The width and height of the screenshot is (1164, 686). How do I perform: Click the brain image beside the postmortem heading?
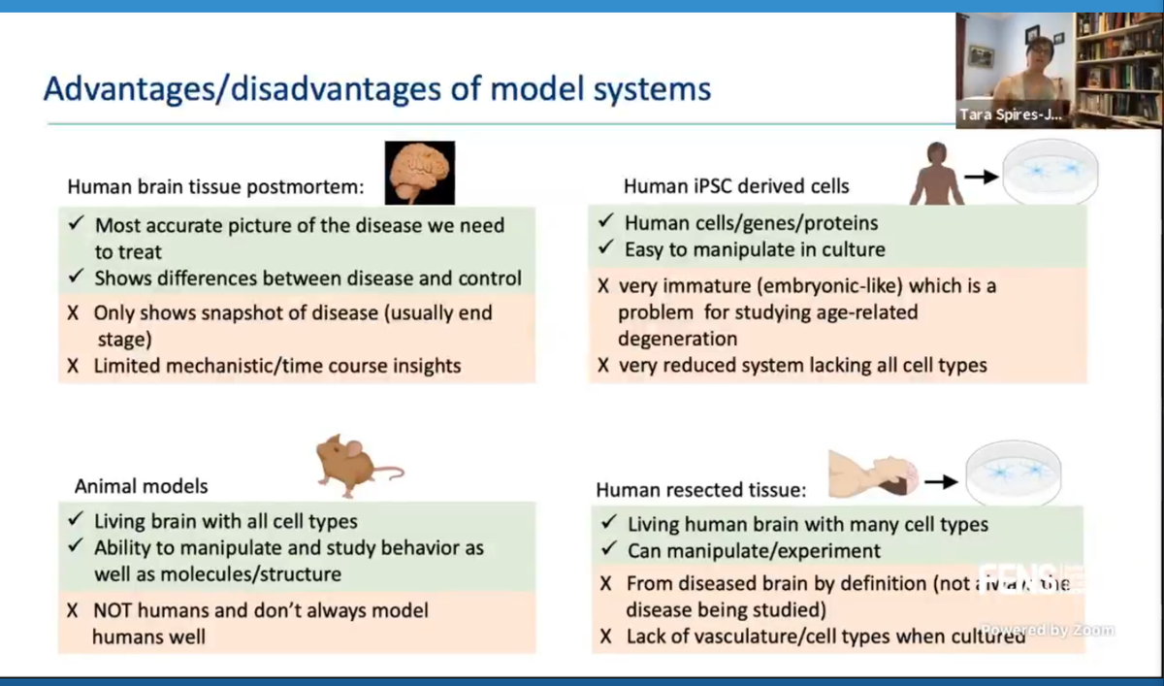pos(419,173)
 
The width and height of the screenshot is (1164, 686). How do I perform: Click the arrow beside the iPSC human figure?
pos(982,177)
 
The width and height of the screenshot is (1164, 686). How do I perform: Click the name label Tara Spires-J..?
pos(1010,114)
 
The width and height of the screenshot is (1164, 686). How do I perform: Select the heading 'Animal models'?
pos(141,486)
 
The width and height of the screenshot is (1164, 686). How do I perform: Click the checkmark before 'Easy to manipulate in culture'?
pos(604,249)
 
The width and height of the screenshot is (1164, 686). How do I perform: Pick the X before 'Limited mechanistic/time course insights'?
pos(74,367)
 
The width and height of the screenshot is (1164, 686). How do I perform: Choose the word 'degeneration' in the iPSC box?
pos(677,339)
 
